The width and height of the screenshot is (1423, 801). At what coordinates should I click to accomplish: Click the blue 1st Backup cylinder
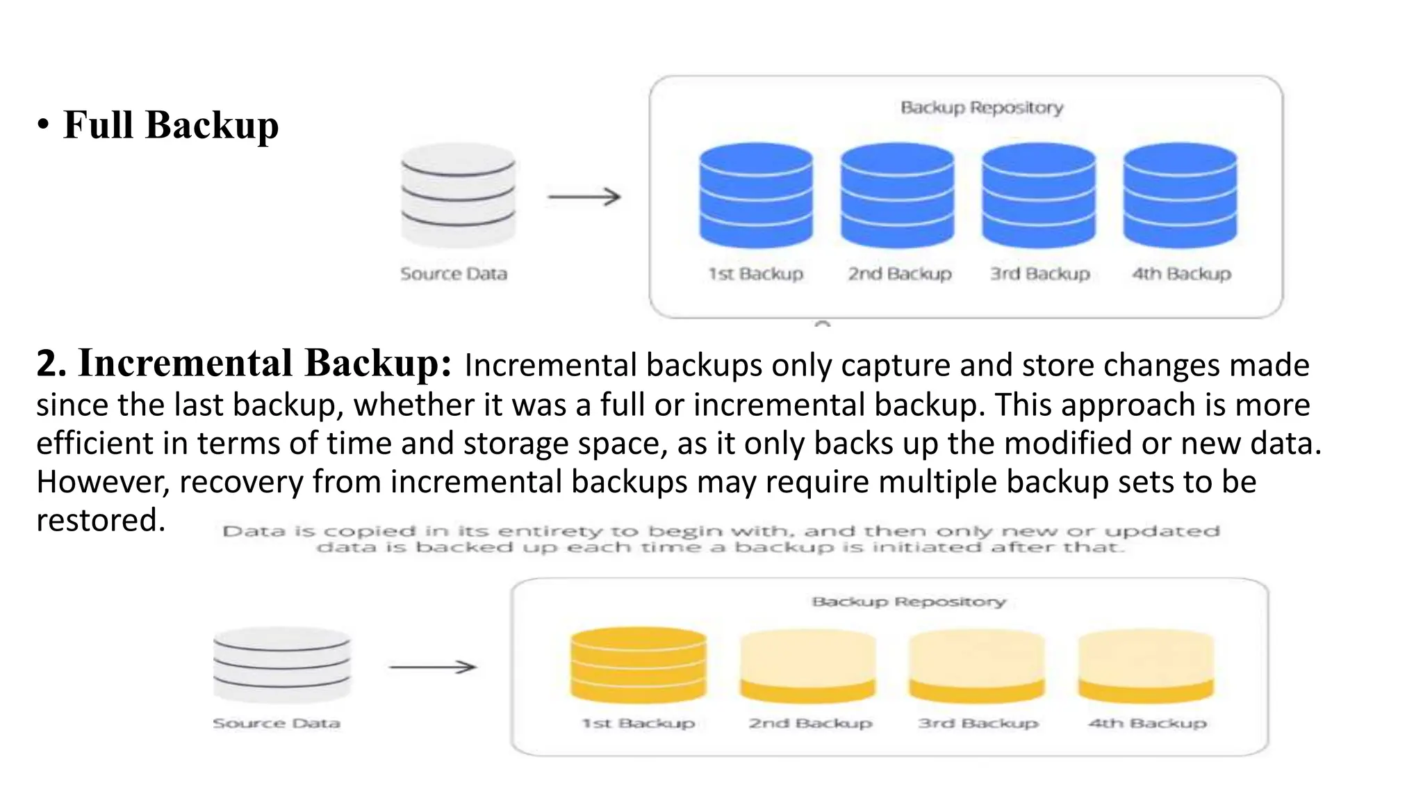(x=756, y=195)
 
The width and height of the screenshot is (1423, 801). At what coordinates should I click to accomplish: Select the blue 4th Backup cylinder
(x=1180, y=195)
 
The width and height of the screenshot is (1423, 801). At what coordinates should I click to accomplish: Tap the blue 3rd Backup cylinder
(x=1038, y=195)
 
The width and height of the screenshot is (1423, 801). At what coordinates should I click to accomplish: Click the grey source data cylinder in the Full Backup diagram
(x=458, y=195)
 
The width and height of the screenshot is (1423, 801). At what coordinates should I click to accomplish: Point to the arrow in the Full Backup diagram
(x=584, y=197)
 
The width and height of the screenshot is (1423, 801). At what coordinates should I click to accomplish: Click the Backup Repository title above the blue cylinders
(x=981, y=108)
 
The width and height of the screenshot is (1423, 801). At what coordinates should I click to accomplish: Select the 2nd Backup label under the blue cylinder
(x=899, y=274)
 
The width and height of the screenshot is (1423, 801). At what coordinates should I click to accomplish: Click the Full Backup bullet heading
(x=170, y=125)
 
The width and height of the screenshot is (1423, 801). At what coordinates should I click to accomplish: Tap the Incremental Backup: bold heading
(x=244, y=363)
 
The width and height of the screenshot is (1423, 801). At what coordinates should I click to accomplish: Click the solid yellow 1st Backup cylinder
(x=638, y=665)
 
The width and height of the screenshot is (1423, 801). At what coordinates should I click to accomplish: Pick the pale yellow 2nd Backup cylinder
(x=807, y=666)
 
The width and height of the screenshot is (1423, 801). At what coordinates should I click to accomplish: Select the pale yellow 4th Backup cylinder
(x=1146, y=666)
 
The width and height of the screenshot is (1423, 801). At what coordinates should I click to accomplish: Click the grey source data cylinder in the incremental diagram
(x=281, y=665)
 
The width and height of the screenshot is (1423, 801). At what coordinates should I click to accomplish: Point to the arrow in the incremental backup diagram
(x=432, y=667)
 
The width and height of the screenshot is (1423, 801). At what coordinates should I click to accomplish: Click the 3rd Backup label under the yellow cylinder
(x=978, y=723)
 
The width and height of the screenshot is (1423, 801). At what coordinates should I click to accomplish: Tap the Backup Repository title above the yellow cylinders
(x=908, y=601)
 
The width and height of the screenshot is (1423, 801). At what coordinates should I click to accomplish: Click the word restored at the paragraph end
(x=100, y=520)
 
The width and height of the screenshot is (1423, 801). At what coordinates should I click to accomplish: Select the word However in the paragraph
(x=103, y=482)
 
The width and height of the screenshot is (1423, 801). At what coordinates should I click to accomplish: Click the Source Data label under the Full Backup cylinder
(x=453, y=274)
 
